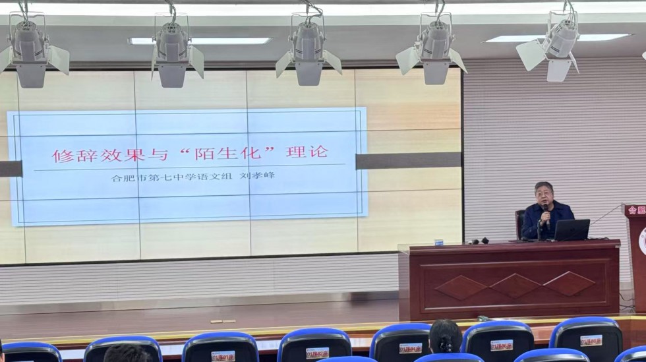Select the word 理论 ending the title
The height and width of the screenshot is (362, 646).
coord(307,152)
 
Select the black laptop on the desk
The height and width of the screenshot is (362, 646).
coord(571,230)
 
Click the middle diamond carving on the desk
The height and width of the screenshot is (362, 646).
coord(515,285)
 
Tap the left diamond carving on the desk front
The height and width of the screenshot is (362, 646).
coord(461,287)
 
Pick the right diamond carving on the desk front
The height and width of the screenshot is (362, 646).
coord(570,284)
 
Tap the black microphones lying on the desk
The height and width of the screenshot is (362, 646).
coord(479,241)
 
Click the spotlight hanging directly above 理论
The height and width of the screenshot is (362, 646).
coord(308,49)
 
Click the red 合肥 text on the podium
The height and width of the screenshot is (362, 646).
coord(636,210)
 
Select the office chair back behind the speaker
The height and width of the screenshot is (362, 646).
coord(520,223)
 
